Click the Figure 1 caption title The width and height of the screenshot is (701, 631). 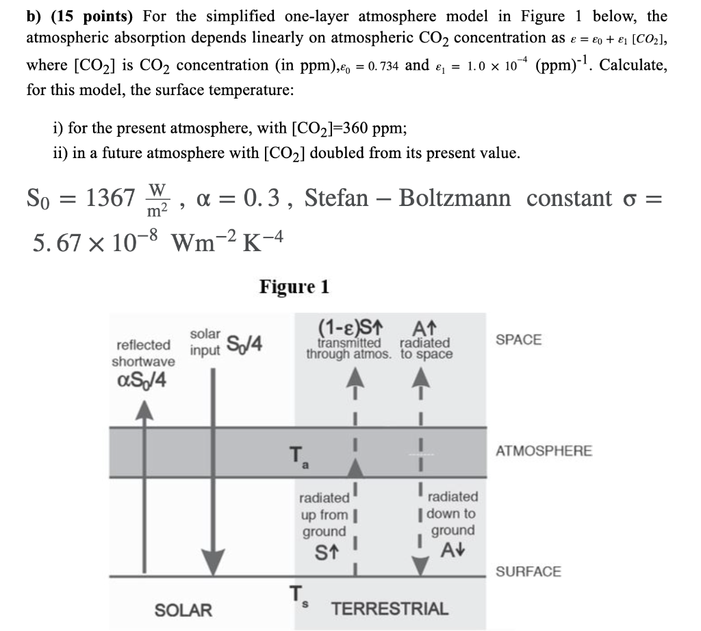click(294, 287)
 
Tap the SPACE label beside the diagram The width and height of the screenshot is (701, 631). click(518, 339)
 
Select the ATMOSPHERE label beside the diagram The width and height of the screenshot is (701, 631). click(544, 450)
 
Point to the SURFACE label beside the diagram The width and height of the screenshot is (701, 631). click(528, 571)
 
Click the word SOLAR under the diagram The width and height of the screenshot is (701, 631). click(183, 610)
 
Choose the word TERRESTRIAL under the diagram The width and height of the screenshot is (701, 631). click(390, 608)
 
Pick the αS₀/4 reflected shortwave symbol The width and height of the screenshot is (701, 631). click(141, 381)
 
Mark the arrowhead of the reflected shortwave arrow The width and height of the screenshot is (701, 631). click(144, 410)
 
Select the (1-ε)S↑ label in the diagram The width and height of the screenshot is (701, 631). click(350, 328)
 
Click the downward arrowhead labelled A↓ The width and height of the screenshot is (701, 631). click(420, 566)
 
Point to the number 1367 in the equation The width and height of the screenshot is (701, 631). click(110, 198)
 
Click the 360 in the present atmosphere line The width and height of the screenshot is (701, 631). click(355, 129)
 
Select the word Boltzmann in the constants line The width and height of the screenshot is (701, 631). click(455, 198)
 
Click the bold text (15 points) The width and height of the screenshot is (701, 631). click(92, 17)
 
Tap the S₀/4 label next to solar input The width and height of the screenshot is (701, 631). click(244, 343)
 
